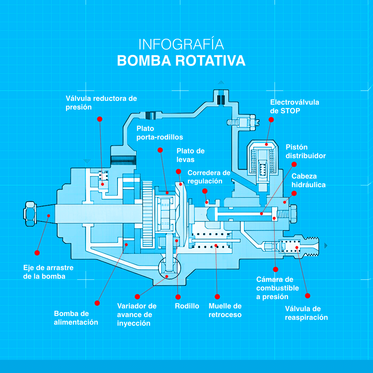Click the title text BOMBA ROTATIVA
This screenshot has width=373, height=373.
tap(181, 60)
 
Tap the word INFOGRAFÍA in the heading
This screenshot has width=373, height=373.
tap(181, 45)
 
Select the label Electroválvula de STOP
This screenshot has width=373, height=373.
tap(294, 106)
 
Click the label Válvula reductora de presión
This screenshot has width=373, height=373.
tap(101, 103)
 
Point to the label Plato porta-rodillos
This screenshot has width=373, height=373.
tap(160, 133)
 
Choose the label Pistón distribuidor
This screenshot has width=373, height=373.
tap(306, 151)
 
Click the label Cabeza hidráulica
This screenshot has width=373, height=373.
tap(308, 180)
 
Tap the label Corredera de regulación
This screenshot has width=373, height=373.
tap(209, 176)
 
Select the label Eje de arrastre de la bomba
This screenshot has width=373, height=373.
tap(48, 272)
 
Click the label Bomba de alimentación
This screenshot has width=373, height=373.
tap(76, 318)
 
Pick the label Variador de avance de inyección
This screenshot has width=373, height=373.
tap(137, 314)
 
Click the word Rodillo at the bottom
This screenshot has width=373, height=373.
tap(187, 306)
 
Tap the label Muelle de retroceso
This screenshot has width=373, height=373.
tap(225, 310)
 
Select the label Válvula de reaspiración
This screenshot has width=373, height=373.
tap(306, 313)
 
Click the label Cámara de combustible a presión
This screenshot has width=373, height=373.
tap(277, 288)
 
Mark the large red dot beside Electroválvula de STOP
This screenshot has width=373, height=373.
tap(271, 119)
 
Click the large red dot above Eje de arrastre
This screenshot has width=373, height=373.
tap(37, 253)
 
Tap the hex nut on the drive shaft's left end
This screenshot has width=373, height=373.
tap(30, 214)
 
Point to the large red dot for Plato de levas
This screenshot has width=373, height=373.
tap(178, 171)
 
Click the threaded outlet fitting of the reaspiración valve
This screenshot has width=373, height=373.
tap(312, 246)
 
